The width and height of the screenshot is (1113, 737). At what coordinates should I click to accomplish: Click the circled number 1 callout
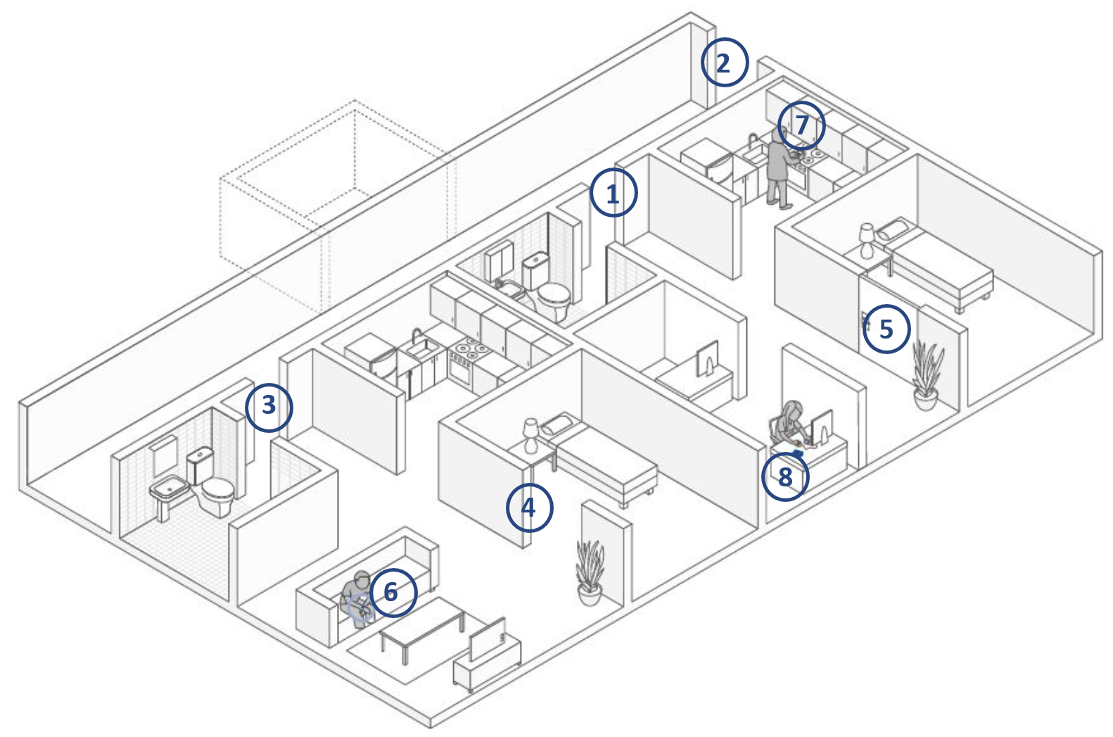click(613, 192)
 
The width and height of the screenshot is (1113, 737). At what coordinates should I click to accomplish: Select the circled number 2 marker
click(724, 63)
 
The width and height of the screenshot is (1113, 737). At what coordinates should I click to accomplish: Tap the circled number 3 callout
click(269, 406)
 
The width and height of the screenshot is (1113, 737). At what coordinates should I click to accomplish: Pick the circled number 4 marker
click(529, 507)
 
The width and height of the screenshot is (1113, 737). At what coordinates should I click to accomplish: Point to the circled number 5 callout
click(886, 329)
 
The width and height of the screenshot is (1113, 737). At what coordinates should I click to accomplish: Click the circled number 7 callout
click(802, 125)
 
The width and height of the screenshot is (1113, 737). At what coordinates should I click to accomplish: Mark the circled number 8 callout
click(785, 477)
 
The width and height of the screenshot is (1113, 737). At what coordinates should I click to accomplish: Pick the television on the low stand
click(487, 638)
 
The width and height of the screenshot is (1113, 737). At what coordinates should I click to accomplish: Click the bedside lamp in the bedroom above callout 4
click(531, 434)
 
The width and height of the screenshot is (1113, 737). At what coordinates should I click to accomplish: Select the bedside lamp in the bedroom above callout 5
click(867, 239)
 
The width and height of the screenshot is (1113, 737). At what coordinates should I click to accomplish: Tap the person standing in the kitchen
click(777, 169)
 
